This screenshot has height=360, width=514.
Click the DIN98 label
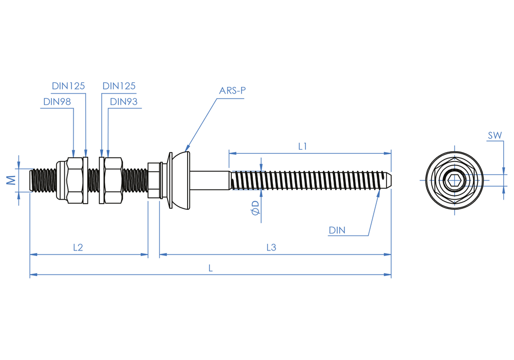(x=57, y=102)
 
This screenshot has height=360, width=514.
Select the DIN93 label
(x=124, y=102)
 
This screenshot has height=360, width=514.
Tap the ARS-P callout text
(x=233, y=91)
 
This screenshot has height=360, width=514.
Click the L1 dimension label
(x=303, y=147)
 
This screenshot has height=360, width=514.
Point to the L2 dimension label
(x=78, y=247)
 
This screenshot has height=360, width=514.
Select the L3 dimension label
(x=271, y=247)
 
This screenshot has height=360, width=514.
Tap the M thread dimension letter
(x=11, y=180)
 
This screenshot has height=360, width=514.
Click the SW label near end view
(x=495, y=136)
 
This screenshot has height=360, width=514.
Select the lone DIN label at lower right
(x=337, y=230)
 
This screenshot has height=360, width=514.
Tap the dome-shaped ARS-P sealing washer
(x=181, y=180)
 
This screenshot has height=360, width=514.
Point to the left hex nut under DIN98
(x=75, y=180)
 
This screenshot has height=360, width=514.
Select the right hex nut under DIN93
(x=113, y=180)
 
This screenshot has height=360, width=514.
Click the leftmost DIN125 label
(x=68, y=86)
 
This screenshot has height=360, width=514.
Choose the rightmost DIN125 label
(x=119, y=86)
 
